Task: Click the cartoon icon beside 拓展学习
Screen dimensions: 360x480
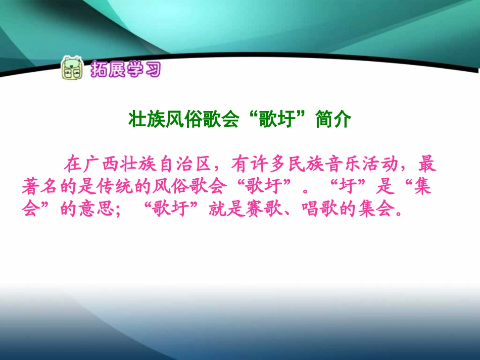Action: (x=71, y=68)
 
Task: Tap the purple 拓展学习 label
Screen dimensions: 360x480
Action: (x=125, y=69)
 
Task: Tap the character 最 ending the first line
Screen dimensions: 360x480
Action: (x=427, y=164)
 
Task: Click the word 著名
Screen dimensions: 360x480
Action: (x=41, y=187)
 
